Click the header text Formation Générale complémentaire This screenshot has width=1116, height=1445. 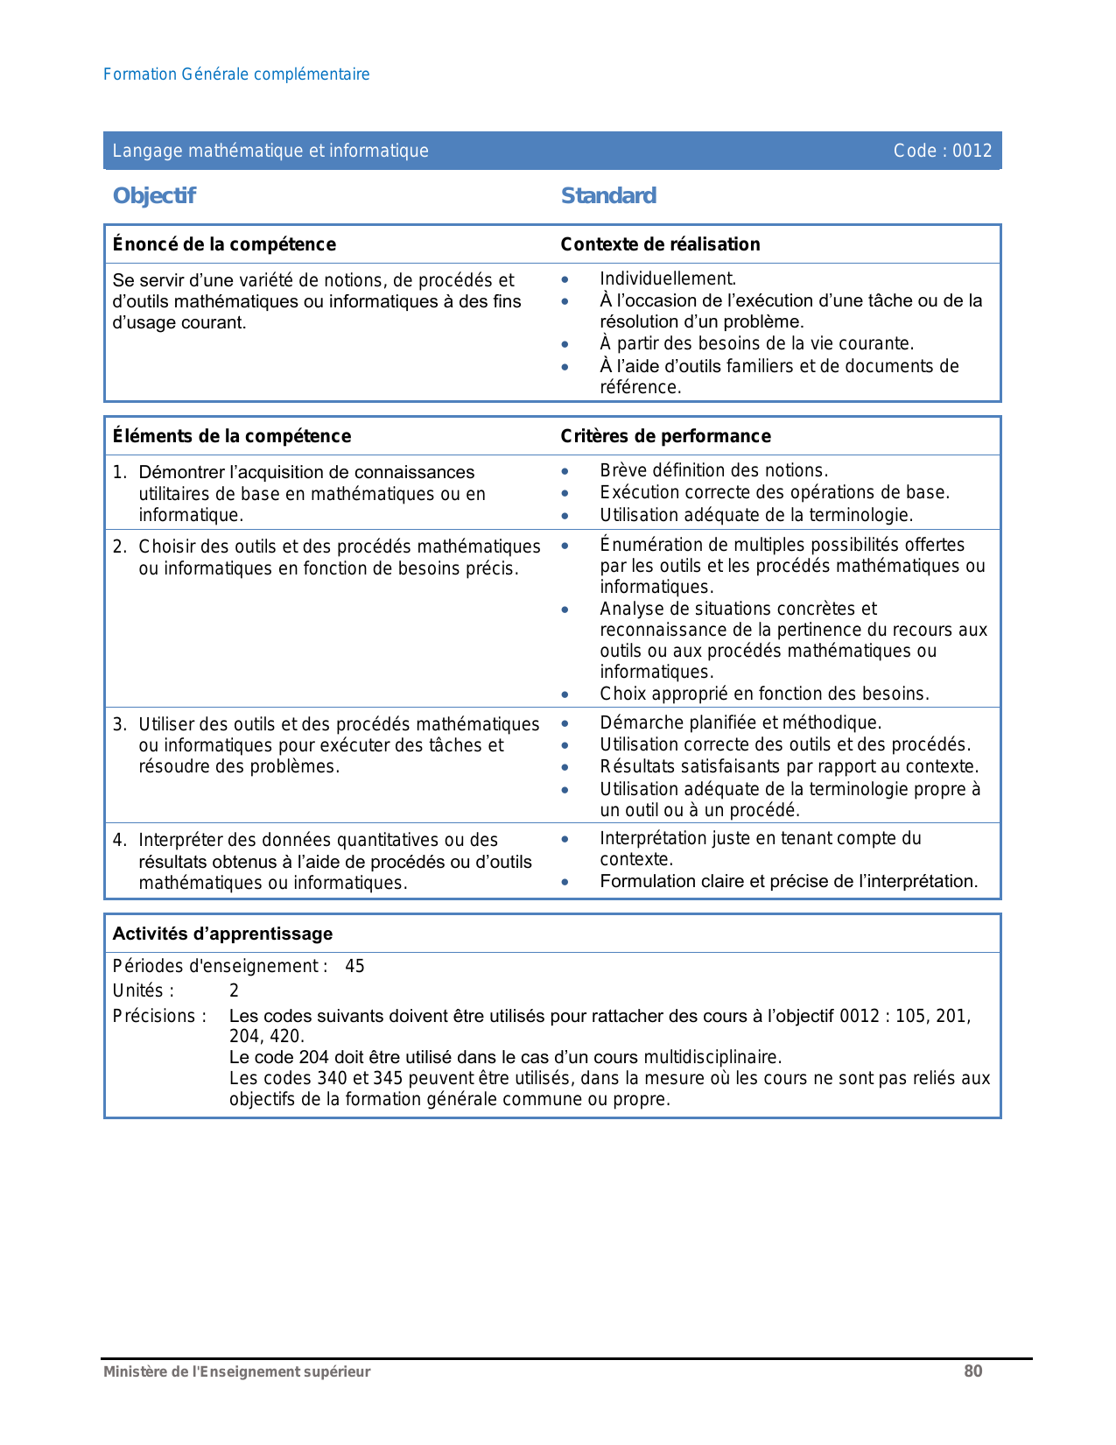click(236, 74)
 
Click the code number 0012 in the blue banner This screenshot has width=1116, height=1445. click(972, 151)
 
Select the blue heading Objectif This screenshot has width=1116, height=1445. click(154, 195)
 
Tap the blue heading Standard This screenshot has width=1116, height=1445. click(608, 195)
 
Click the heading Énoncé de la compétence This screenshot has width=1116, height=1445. click(224, 244)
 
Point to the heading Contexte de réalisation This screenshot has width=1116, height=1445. click(660, 244)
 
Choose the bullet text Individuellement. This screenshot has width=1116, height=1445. click(668, 278)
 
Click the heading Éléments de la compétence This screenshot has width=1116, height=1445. click(232, 436)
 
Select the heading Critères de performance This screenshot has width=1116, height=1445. click(665, 436)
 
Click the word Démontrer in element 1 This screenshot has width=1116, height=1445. click(181, 472)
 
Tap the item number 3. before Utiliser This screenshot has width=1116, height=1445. click(120, 724)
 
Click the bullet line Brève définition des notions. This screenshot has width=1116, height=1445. click(713, 470)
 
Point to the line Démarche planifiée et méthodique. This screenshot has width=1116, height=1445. click(740, 722)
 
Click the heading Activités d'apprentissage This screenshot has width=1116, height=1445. click(222, 934)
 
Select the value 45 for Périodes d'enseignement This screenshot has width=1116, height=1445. click(354, 966)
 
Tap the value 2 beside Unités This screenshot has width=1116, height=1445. click(234, 990)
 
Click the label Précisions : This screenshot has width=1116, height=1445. click(159, 1016)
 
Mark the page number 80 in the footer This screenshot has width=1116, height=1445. click(972, 1371)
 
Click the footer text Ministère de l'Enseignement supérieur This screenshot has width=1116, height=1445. click(236, 1372)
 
